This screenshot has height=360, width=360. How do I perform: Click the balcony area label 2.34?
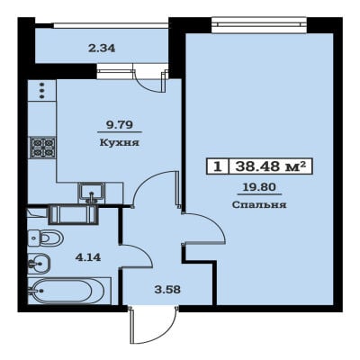[102, 48]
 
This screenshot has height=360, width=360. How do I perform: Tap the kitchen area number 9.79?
[120, 124]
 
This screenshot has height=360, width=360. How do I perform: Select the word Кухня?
[120, 142]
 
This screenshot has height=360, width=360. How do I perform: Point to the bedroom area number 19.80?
[259, 187]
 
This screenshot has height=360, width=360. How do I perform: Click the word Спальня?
[259, 205]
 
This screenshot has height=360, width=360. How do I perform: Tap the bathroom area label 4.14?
[88, 257]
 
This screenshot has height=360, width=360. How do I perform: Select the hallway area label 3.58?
[167, 290]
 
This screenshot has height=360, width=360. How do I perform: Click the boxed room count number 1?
[218, 166]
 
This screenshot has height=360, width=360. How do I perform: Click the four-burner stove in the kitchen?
[42, 148]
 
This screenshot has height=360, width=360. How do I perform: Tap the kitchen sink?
[92, 193]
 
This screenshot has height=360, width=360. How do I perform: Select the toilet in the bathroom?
[45, 238]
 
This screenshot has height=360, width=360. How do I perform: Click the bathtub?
[69, 291]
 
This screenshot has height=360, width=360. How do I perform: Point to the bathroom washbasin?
[39, 264]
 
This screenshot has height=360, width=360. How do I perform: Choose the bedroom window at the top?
[259, 24]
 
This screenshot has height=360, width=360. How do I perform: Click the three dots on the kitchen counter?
[42, 90]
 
